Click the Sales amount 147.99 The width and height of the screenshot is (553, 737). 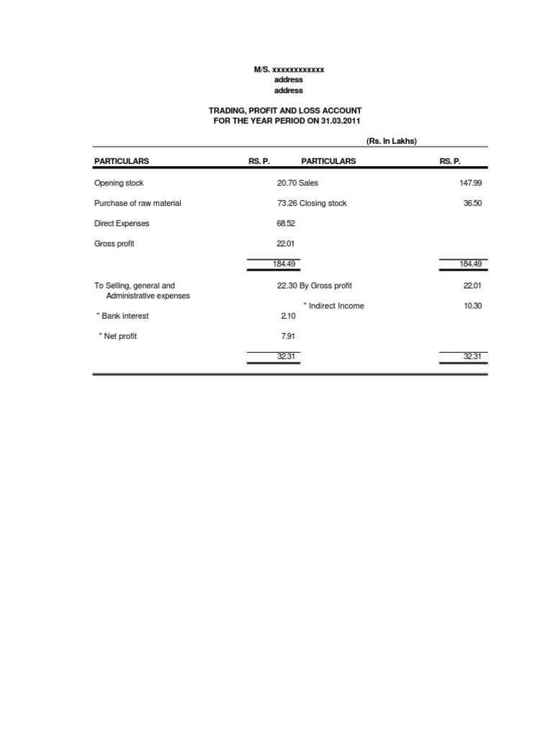[470, 183]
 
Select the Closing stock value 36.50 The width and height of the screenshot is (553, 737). [472, 203]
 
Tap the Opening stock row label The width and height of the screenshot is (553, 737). [119, 183]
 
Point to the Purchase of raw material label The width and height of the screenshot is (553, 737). [138, 203]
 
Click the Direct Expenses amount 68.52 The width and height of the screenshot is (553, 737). [286, 223]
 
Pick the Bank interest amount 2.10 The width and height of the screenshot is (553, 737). [288, 315]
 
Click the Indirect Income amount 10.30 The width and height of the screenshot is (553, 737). [472, 305]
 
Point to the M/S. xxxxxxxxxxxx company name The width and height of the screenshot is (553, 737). [289, 69]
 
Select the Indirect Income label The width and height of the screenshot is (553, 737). [336, 305]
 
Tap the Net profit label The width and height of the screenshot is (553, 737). [120, 335]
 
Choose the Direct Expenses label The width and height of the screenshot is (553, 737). [122, 223]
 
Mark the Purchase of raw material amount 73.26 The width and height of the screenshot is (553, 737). [287, 203]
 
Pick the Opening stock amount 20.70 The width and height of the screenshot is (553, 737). [287, 183]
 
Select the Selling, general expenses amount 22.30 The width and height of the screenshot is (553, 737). [287, 285]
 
